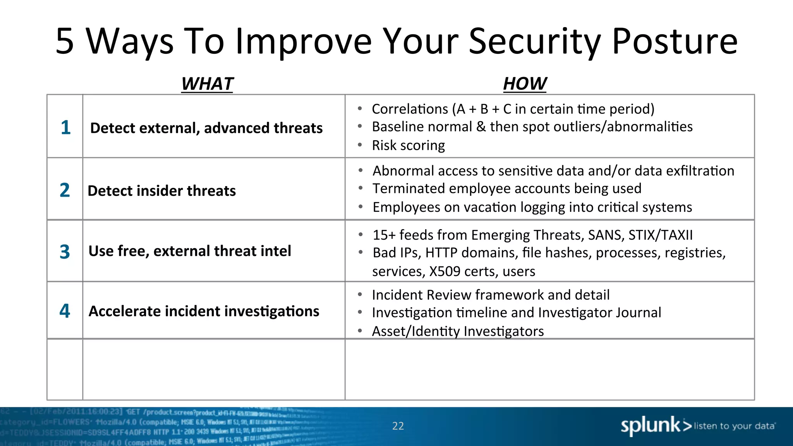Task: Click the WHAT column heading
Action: [207, 84]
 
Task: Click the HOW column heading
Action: [525, 84]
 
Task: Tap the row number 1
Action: [65, 127]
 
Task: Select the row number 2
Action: [65, 190]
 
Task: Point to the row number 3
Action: [65, 252]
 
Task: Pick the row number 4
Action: [65, 311]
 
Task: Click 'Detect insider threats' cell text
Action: [161, 191]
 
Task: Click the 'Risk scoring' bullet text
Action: [408, 146]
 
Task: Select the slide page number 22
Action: [398, 426]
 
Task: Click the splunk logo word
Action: [651, 425]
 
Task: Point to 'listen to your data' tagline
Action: [734, 426]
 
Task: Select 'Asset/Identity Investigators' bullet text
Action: [458, 331]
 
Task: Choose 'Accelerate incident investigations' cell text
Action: [204, 311]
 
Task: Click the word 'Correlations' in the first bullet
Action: [410, 109]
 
